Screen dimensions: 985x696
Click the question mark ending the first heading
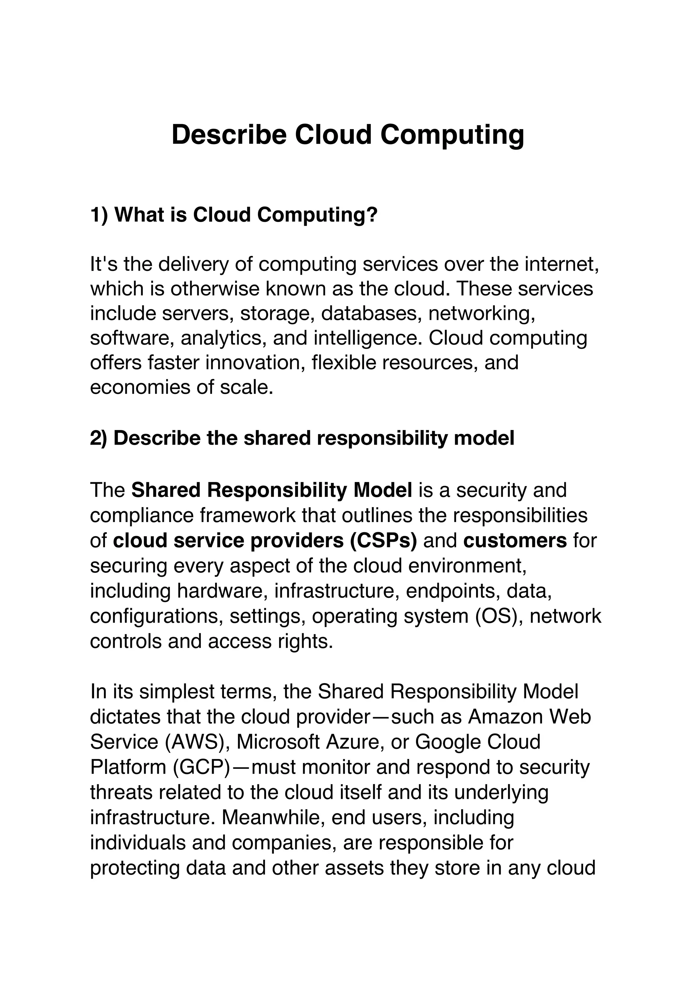pos(372,214)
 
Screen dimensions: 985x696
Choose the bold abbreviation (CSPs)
pos(383,540)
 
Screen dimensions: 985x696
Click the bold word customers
pos(515,540)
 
